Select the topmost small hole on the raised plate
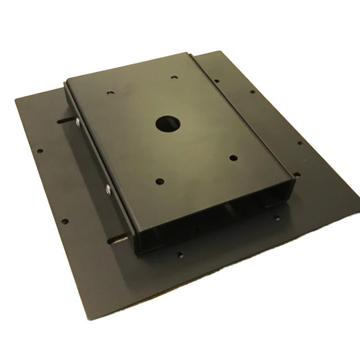pyautogui.click(x=174, y=78)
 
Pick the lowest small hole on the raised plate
pyautogui.click(x=160, y=181)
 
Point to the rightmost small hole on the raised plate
pyautogui.click(x=232, y=159)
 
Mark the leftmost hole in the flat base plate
pyautogui.click(x=40, y=151)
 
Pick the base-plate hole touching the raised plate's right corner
pyautogui.click(x=296, y=175)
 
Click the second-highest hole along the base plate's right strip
pyautogui.click(x=252, y=92)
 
